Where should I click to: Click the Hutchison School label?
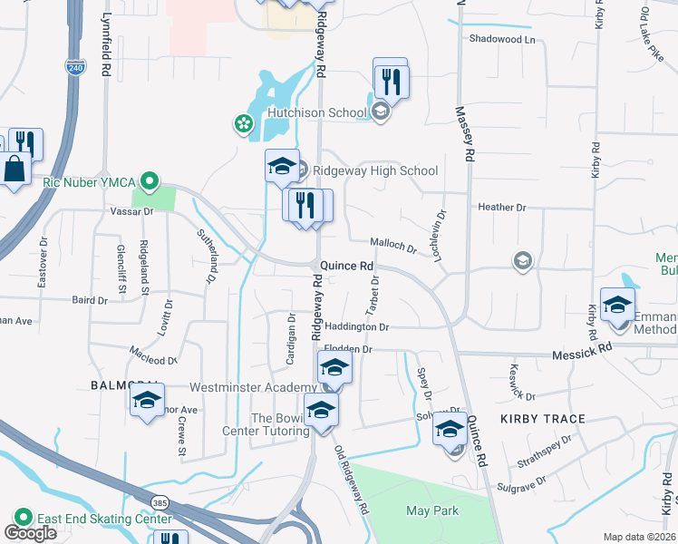[317, 113]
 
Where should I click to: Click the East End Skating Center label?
[103, 519]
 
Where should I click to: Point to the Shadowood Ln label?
[502, 39]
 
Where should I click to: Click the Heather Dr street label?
[501, 207]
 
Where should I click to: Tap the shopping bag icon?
[16, 169]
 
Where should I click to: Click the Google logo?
[30, 533]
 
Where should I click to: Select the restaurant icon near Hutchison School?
[391, 83]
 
